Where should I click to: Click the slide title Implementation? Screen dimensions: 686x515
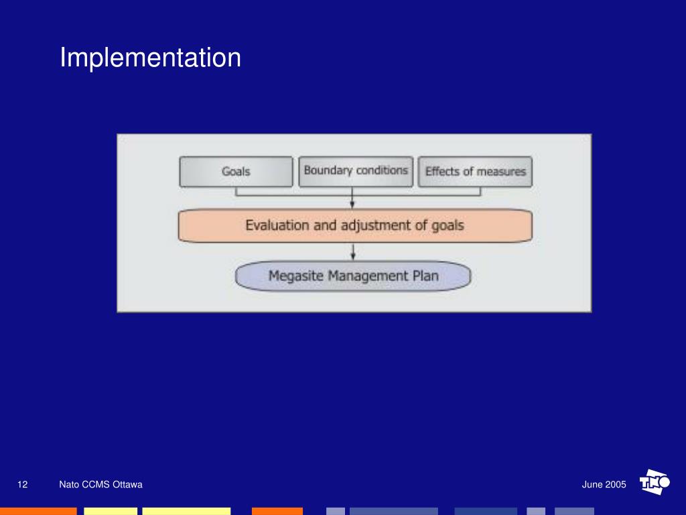coord(150,58)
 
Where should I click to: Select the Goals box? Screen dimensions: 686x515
coord(236,172)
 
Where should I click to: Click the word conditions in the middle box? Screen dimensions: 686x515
coord(382,170)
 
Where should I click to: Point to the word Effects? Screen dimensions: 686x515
coord(442,172)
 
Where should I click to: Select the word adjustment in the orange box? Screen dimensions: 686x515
coord(375,225)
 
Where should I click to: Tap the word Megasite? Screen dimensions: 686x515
coord(295,276)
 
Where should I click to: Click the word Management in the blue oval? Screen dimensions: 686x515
coord(369,276)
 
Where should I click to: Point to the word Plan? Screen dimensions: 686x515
coord(426,276)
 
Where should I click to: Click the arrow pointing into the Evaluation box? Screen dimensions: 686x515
coord(353,203)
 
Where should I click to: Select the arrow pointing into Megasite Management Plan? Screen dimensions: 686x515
coord(353,253)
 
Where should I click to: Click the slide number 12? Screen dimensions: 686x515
coord(23,485)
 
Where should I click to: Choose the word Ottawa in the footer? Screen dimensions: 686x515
coord(127,485)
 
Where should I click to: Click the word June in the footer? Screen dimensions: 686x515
coord(592,485)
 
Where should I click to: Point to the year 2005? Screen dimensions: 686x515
coord(616,485)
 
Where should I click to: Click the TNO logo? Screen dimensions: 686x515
coord(655,482)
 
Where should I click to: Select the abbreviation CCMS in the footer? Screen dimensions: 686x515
coord(95,485)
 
